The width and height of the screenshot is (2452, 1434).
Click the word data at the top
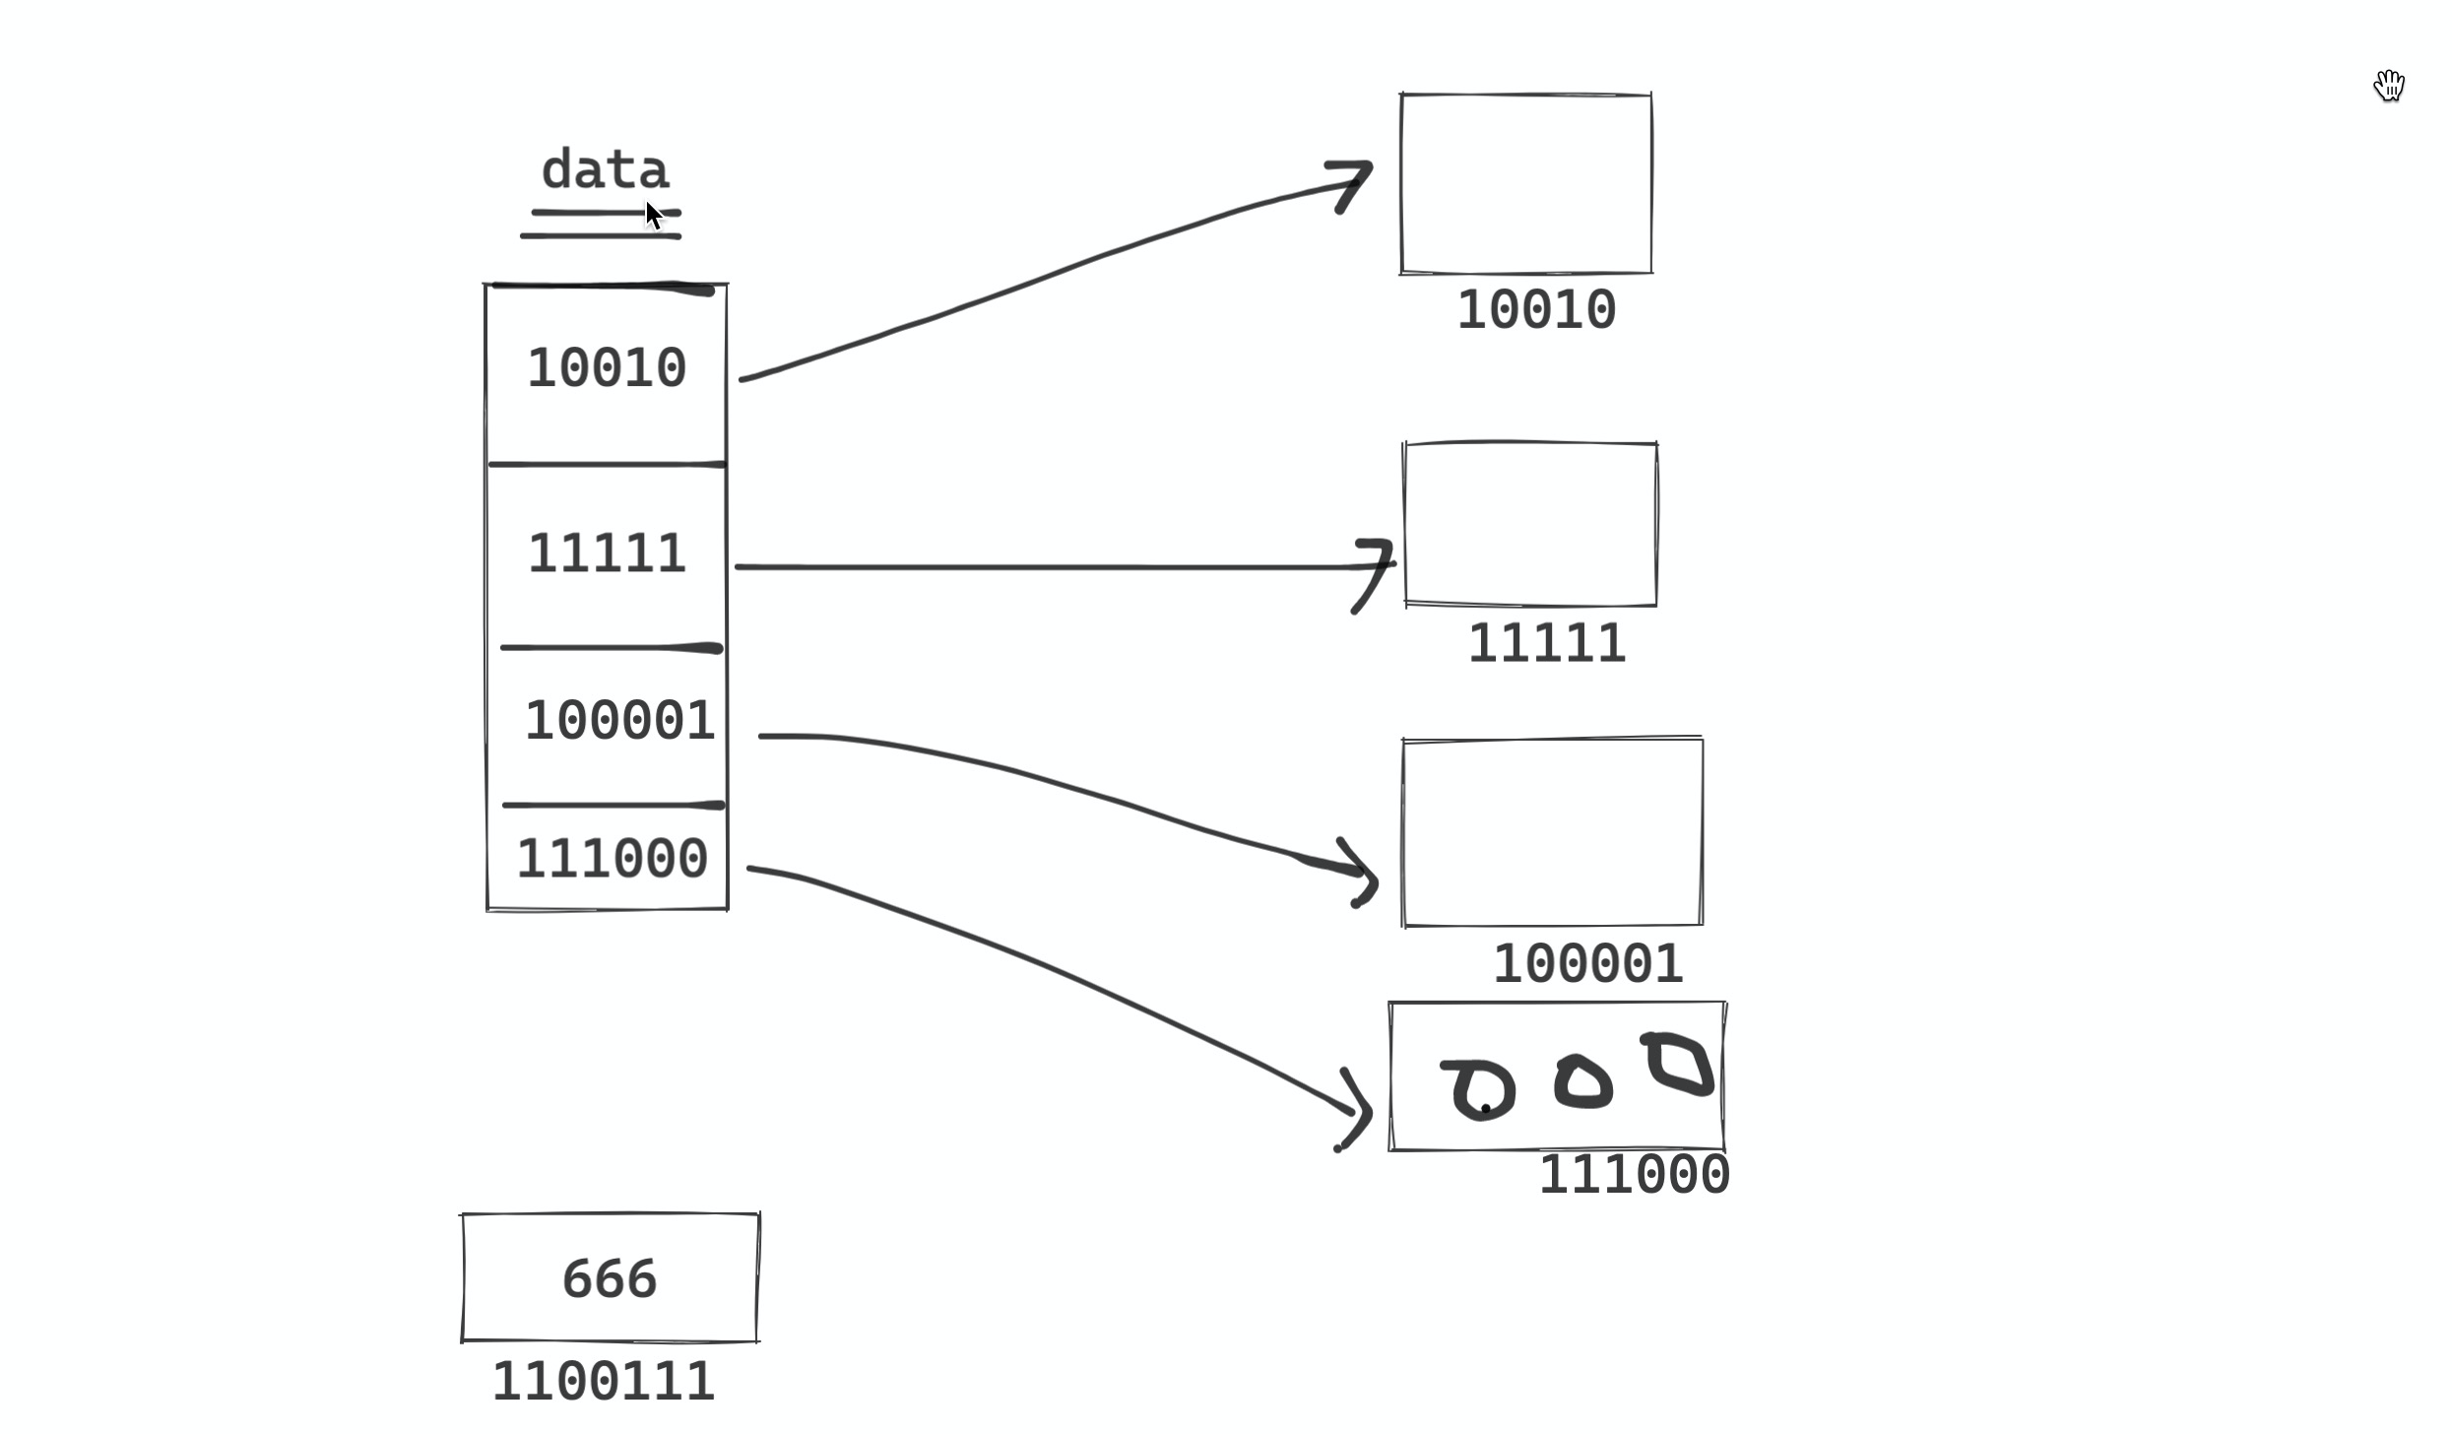(605, 170)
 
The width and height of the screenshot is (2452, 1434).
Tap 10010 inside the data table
(607, 368)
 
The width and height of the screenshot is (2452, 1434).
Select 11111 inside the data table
(607, 554)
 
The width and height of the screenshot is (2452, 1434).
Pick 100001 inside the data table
(619, 721)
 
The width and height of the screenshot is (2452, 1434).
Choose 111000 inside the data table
(612, 859)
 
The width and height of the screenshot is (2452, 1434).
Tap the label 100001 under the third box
(1587, 964)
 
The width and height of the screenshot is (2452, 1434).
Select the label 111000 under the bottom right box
(1634, 1175)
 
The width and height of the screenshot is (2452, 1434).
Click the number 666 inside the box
(609, 1279)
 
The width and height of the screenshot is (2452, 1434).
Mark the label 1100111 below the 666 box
(603, 1382)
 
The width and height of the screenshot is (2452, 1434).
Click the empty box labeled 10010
(1525, 183)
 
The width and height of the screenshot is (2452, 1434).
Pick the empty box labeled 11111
(1530, 524)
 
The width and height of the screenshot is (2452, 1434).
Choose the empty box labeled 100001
(1552, 832)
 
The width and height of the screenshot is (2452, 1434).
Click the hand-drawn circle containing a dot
(1482, 1090)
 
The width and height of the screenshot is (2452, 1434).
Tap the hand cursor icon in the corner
(2389, 86)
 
